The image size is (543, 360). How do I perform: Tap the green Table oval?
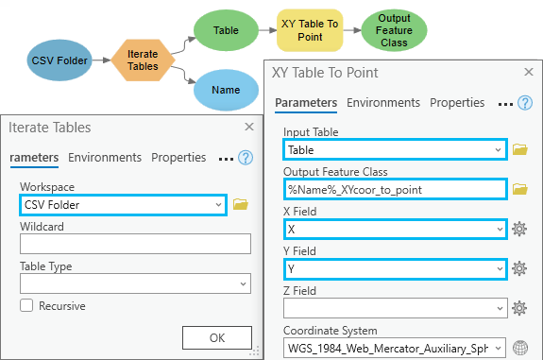pos(226,30)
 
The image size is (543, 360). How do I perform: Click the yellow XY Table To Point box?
pos(310,30)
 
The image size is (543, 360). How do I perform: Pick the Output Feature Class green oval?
pos(394,30)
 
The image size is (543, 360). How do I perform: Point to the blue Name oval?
pos(226,91)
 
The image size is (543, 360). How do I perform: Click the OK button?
pos(216,337)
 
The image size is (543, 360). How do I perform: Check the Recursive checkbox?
pos(26,306)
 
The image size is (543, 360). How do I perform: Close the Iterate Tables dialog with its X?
pos(249,127)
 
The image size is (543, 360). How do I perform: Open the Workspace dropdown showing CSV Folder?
pos(123,204)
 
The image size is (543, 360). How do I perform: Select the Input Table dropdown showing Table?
pos(395,149)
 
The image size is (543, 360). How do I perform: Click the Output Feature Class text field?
pos(395,189)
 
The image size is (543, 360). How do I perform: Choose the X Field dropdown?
pos(395,229)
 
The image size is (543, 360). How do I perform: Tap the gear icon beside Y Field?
pos(518,268)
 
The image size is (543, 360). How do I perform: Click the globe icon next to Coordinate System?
pos(518,348)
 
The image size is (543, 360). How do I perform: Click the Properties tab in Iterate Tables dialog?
pos(178,158)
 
